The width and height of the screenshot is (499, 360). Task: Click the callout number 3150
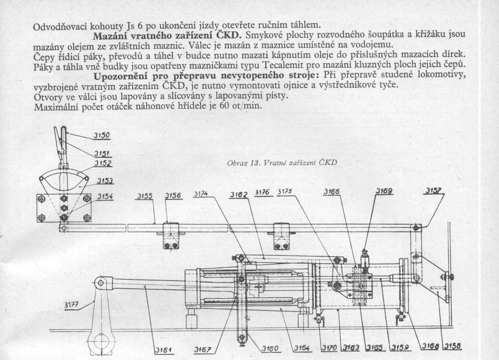click(102, 136)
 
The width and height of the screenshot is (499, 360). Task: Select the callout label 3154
click(105, 196)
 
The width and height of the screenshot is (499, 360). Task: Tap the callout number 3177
click(72, 305)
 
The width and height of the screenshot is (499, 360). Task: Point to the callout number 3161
click(164, 351)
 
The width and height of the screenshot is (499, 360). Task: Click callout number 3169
click(384, 191)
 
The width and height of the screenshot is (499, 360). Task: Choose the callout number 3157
click(433, 190)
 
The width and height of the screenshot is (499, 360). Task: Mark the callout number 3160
click(270, 349)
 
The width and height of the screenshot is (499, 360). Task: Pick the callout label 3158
click(453, 346)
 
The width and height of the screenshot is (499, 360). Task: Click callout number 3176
click(262, 192)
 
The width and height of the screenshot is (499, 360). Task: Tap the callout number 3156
click(173, 196)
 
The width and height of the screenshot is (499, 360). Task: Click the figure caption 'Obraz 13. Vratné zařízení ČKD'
click(282, 163)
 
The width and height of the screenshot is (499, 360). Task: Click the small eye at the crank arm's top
click(101, 283)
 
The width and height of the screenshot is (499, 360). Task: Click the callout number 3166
click(332, 192)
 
